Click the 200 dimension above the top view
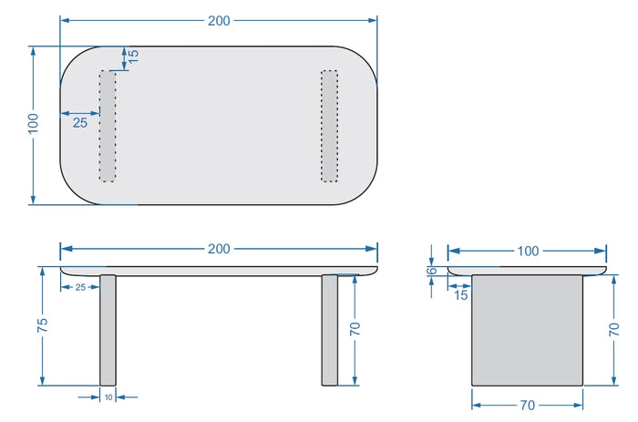pyautogui.click(x=219, y=21)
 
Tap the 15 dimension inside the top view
pyautogui.click(x=133, y=55)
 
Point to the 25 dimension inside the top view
pyautogui.click(x=80, y=122)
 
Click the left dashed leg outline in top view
pyautogui.click(x=108, y=125)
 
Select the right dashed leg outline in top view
pyautogui.click(x=329, y=125)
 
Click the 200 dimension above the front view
pyautogui.click(x=219, y=249)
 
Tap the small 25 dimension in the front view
pyautogui.click(x=80, y=287)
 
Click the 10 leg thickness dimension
pyautogui.click(x=108, y=397)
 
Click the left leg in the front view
pyautogui.click(x=108, y=330)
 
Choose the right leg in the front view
pyautogui.click(x=329, y=330)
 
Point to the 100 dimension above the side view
pyautogui.click(x=528, y=251)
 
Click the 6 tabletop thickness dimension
pyautogui.click(x=433, y=271)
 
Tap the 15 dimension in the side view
pyautogui.click(x=460, y=295)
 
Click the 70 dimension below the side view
pyautogui.click(x=527, y=404)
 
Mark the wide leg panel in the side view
pyautogui.click(x=527, y=330)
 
